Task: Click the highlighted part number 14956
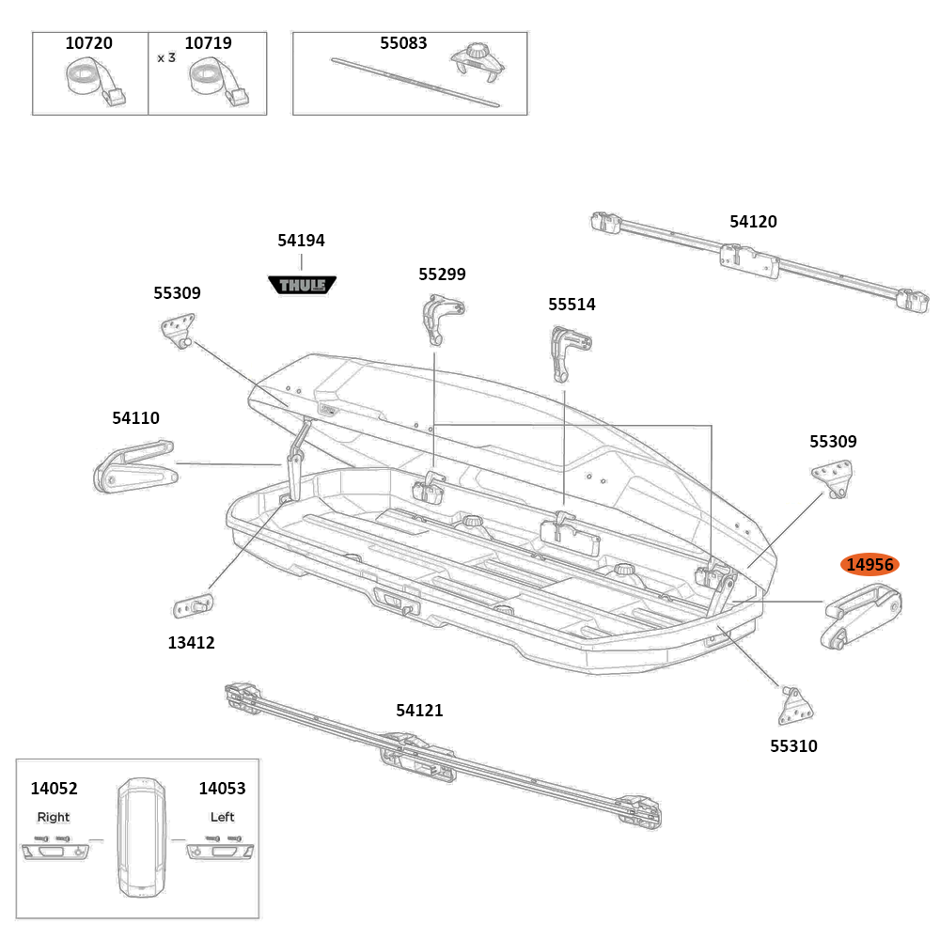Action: (869, 565)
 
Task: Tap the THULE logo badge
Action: (302, 284)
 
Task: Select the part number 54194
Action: (301, 241)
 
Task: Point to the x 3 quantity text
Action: (166, 57)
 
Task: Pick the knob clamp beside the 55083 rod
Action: (477, 64)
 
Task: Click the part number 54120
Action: (753, 222)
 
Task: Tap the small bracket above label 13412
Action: (194, 604)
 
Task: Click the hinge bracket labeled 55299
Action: (439, 317)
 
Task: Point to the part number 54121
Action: (419, 711)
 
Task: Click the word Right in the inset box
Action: (54, 817)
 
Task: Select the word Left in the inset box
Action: (222, 817)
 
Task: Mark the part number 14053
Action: (222, 789)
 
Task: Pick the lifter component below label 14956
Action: (860, 617)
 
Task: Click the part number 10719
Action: (208, 43)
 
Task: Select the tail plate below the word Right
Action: (55, 852)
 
